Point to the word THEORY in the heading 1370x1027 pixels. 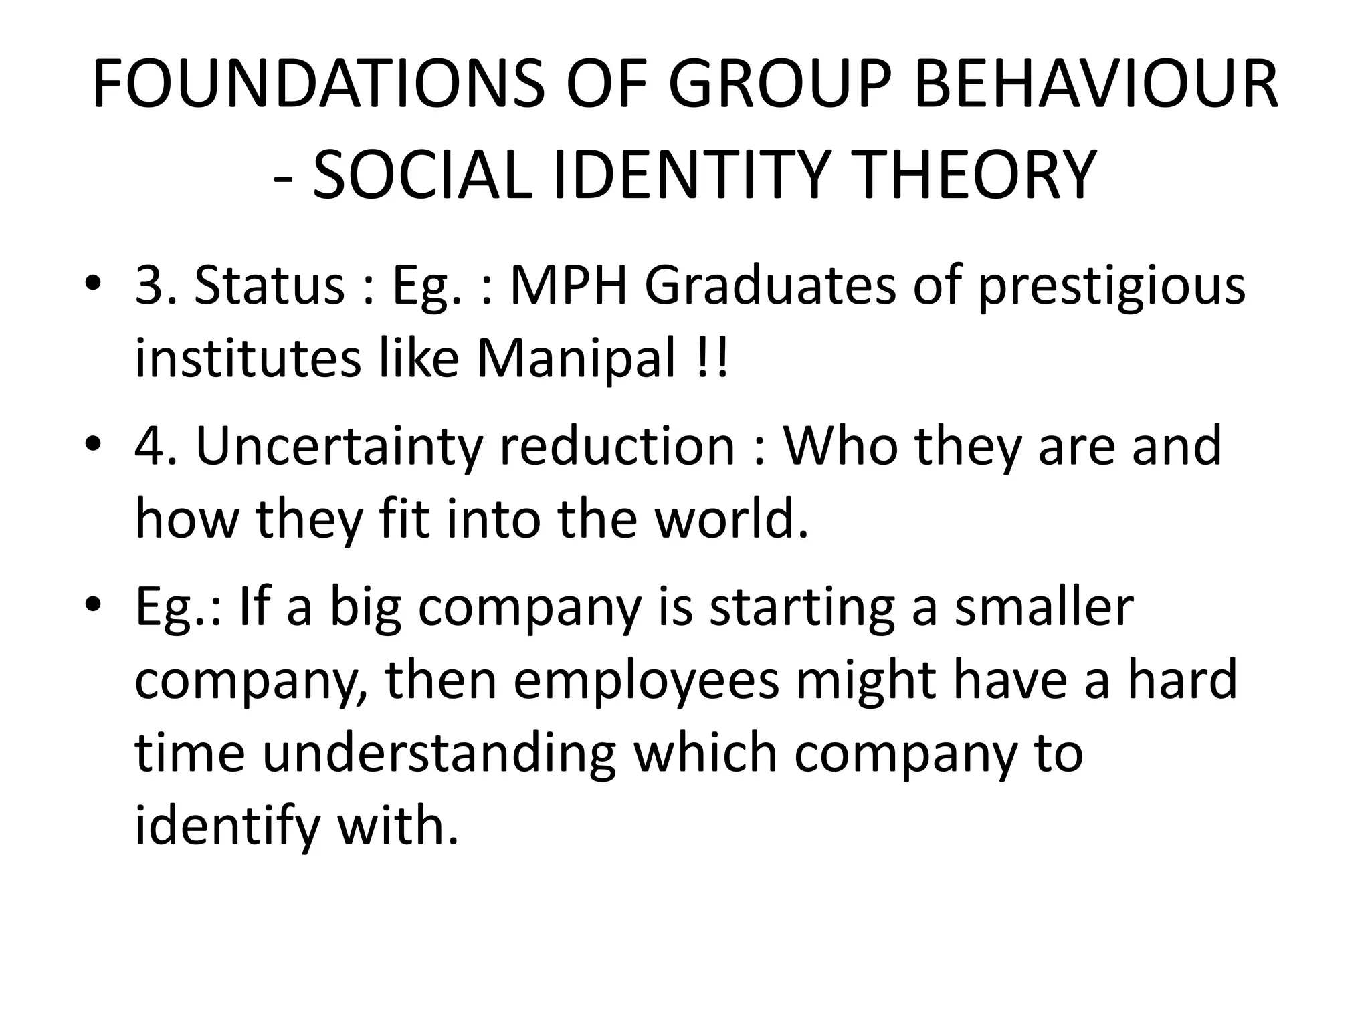coord(977,175)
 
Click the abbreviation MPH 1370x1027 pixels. coord(569,286)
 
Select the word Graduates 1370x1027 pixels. coord(770,286)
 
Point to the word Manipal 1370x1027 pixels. coord(576,360)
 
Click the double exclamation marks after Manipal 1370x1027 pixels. coord(710,358)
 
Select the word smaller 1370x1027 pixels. coord(1044,607)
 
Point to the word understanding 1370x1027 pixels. coord(438,754)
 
